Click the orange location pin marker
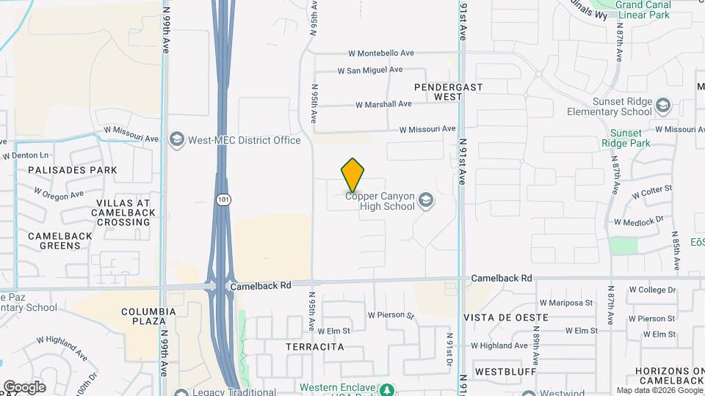(x=353, y=175)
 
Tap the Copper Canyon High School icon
(x=425, y=200)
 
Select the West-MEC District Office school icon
(x=176, y=139)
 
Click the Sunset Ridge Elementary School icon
(x=663, y=106)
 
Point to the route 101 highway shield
(x=222, y=199)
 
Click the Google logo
(x=24, y=387)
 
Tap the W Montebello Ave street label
(x=381, y=53)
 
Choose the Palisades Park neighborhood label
(x=72, y=170)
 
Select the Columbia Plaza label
(x=149, y=317)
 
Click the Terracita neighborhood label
(x=315, y=347)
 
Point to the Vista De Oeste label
(x=506, y=317)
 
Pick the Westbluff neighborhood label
(x=503, y=371)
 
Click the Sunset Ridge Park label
(x=631, y=139)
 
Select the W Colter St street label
(x=653, y=193)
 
